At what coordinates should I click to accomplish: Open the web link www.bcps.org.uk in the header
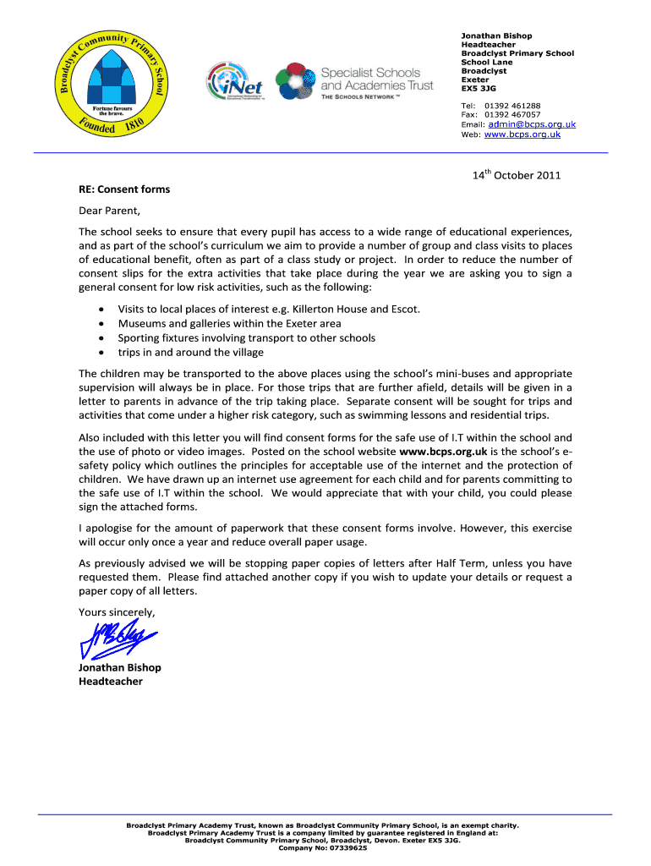tap(522, 134)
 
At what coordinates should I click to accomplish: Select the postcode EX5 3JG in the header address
tap(478, 88)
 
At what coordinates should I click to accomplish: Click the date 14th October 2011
tap(516, 176)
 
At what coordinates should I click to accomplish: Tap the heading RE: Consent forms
tap(124, 189)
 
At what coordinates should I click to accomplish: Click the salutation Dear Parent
tap(108, 211)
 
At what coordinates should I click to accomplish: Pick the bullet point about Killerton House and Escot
tap(269, 309)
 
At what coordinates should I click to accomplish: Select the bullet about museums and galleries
tap(229, 323)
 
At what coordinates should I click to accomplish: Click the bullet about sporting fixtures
tap(246, 337)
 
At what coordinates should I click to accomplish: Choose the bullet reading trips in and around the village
tap(190, 352)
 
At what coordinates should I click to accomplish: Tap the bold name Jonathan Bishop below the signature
tap(119, 667)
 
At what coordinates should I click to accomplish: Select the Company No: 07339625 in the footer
tap(323, 848)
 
